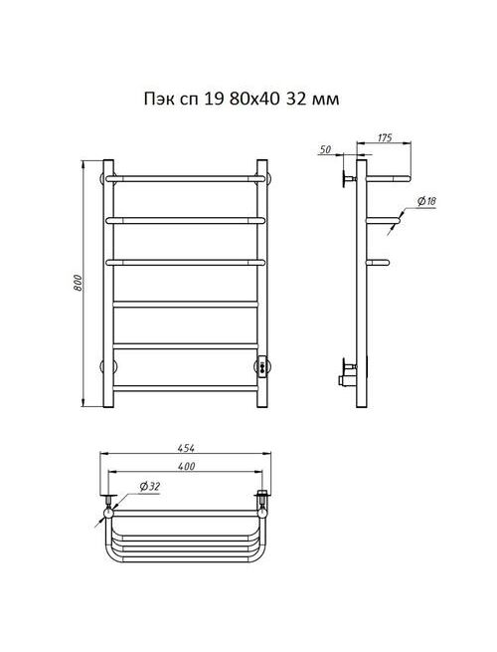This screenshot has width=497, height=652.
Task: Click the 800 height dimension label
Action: click(78, 283)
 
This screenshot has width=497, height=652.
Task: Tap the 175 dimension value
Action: click(385, 137)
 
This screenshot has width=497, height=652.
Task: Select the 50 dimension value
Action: click(326, 149)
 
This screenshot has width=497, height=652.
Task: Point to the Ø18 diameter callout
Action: click(426, 202)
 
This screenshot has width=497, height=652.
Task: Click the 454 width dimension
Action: click(186, 448)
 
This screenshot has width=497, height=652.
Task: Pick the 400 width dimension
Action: click(186, 467)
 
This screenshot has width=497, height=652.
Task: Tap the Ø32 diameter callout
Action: click(150, 486)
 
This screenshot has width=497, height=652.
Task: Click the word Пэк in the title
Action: click(157, 100)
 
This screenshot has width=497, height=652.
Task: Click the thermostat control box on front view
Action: click(262, 366)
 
